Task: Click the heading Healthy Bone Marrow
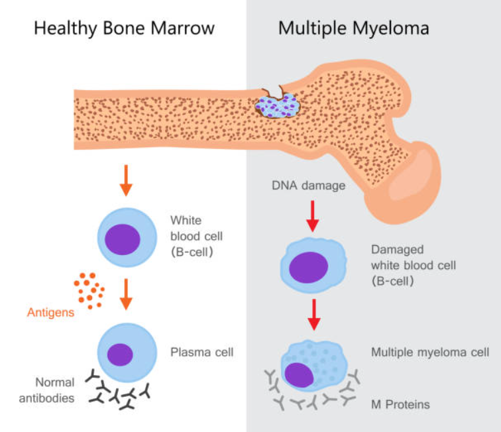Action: pos(125,28)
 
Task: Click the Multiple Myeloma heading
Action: pos(354,28)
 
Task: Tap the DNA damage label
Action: pos(309,186)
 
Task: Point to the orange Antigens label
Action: pos(50,312)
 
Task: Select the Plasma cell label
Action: pos(202,352)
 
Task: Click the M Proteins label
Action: pos(400,405)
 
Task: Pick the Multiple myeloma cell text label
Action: pos(430,352)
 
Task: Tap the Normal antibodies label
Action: pos(46,390)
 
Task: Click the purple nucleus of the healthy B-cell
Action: pos(123,239)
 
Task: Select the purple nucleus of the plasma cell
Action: pos(120,354)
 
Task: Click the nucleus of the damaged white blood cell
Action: pos(309,268)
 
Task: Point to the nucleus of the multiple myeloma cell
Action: pos(299,375)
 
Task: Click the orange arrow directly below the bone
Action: pos(126,180)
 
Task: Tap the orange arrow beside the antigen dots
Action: pos(126,294)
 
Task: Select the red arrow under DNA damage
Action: pos(313,216)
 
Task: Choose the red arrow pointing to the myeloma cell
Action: pos(314,315)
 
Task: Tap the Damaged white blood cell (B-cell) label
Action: pos(414,265)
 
